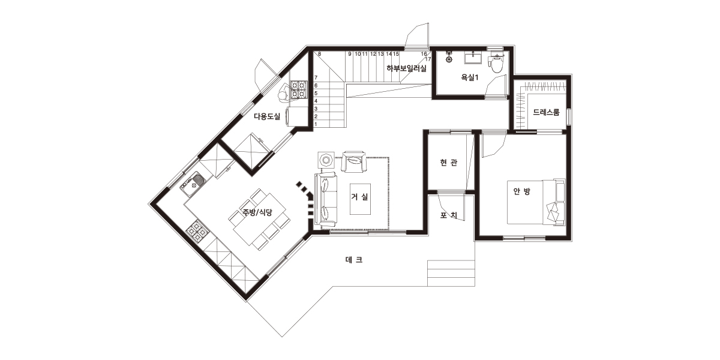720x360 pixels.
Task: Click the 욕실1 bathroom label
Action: point(470,77)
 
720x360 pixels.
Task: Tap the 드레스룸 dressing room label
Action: point(546,112)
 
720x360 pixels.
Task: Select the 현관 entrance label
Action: point(448,163)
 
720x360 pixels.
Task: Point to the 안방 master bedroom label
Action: point(521,191)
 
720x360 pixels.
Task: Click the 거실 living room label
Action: point(359,197)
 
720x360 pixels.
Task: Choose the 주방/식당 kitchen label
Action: point(257,212)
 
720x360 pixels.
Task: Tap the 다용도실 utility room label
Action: point(267,116)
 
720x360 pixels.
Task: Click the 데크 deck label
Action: point(354,260)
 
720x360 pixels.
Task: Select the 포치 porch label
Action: point(449,215)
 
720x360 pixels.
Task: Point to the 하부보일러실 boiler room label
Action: point(407,68)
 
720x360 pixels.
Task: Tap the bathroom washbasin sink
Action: point(473,59)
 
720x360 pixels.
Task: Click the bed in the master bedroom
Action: point(536,202)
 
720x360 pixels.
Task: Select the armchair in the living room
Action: point(353,161)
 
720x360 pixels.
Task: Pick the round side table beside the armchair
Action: point(326,160)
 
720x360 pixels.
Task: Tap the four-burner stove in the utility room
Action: point(298,89)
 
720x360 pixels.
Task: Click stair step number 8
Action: point(319,55)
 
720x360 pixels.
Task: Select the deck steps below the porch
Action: point(451,273)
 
